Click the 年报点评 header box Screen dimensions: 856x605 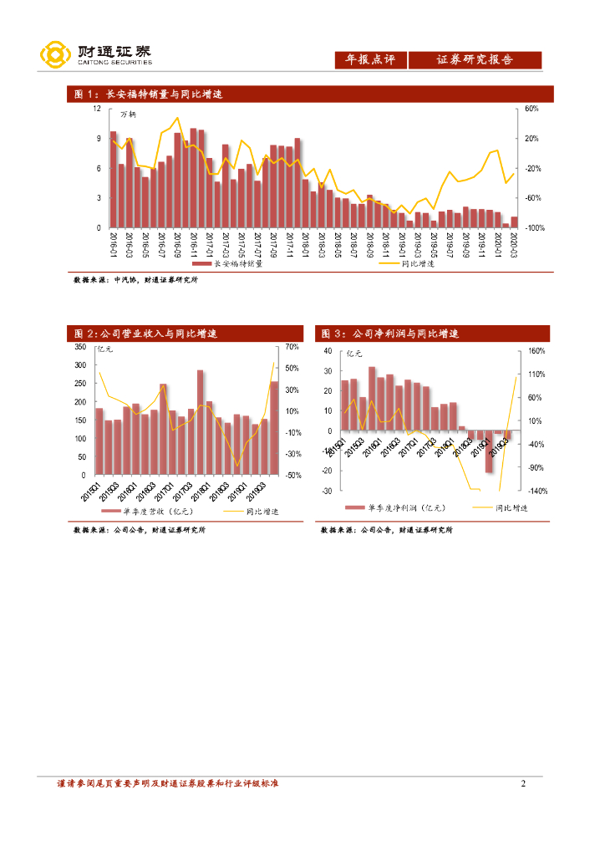370,60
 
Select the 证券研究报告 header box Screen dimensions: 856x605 475,60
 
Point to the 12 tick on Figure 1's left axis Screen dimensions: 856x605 97,109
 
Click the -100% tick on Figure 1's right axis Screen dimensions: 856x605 534,228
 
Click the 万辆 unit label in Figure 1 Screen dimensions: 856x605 128,114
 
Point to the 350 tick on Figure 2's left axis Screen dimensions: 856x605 80,346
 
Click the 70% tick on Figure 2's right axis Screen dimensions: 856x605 292,346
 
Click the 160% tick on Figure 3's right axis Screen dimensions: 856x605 536,351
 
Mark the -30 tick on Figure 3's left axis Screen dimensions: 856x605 326,491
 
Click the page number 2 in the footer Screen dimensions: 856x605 522,783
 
